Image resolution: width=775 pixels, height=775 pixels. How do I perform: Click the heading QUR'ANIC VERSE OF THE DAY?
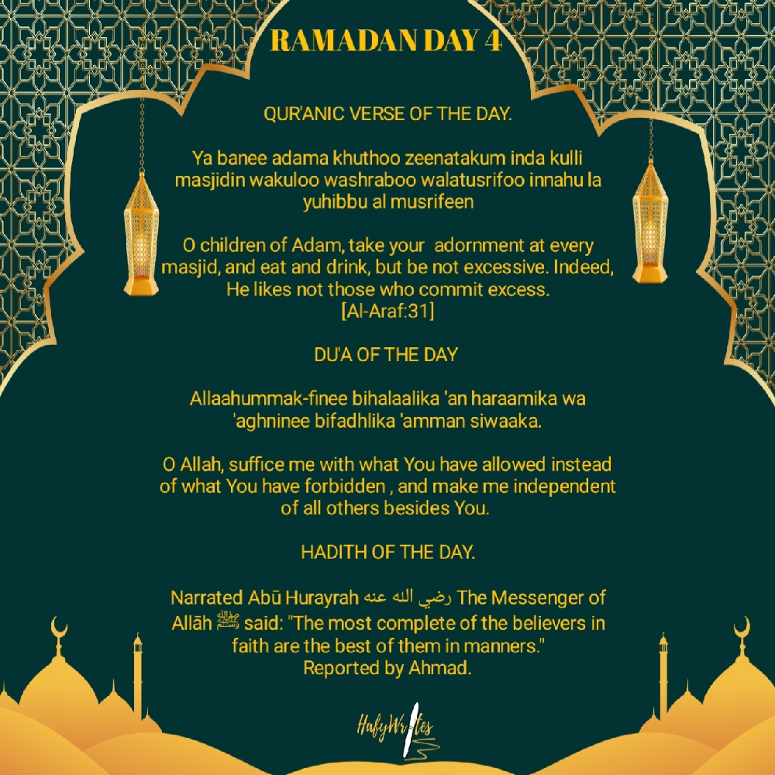387,115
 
